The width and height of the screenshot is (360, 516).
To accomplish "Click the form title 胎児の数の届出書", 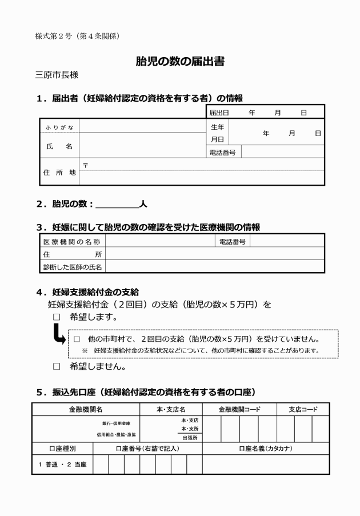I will (x=180, y=62).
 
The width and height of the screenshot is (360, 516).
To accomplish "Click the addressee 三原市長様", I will (x=57, y=75).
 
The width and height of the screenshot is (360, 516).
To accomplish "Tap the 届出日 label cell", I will (x=219, y=112).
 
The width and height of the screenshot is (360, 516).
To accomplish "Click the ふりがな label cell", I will (x=59, y=127).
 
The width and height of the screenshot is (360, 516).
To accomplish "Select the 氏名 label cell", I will (x=59, y=146).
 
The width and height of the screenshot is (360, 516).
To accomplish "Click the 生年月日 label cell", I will (x=218, y=133).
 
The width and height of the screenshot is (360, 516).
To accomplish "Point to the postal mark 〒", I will (x=85, y=165).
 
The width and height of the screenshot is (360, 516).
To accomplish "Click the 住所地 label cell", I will (x=59, y=172).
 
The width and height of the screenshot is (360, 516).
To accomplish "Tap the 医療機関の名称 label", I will (x=72, y=242).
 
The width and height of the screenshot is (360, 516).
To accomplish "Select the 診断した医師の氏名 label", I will (x=72, y=267).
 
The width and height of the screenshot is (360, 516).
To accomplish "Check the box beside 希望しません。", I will (x=57, y=366).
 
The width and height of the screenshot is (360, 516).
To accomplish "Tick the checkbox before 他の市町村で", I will (x=76, y=338).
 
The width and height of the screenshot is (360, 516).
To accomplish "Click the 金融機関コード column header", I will (x=239, y=410).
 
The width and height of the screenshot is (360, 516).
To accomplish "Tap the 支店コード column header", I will (x=303, y=410).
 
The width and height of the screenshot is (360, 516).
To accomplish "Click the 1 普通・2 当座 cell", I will (x=62, y=465).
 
